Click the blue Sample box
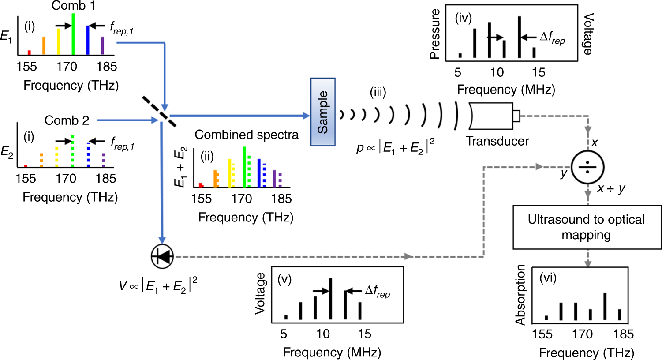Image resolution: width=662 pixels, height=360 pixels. [323, 112]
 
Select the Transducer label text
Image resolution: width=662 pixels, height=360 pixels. [497, 141]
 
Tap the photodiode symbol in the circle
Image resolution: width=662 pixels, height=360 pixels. [162, 256]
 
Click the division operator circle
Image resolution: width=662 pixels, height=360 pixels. [587, 168]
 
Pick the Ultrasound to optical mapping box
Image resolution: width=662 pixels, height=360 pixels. [587, 227]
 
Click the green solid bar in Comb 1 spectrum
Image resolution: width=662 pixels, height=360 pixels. [73, 34]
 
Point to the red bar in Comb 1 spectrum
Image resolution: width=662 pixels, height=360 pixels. [29, 52]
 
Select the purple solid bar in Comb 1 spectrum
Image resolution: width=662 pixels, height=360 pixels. [102, 45]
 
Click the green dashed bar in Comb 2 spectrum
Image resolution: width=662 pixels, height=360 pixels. [73, 151]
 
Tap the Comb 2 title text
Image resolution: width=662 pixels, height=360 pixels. [67, 120]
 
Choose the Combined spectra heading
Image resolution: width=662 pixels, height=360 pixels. [247, 135]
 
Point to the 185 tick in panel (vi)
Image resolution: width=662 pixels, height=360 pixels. [623, 334]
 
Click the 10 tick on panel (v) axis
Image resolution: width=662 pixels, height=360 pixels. [323, 334]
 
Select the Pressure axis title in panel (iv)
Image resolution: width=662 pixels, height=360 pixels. [435, 34]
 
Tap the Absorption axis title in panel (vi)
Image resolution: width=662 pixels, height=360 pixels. [521, 294]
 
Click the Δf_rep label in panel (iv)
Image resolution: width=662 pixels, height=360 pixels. [552, 38]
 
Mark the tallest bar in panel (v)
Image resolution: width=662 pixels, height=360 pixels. [330, 298]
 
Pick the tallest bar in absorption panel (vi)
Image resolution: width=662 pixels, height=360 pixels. [605, 306]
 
